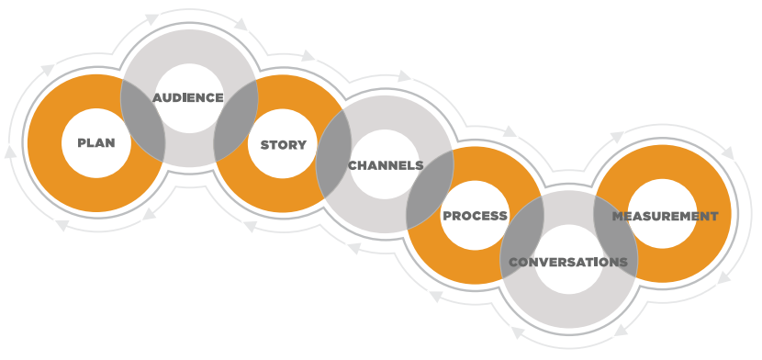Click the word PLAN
95,143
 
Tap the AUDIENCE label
187,97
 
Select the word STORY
283,145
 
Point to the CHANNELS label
385,166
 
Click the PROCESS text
475,216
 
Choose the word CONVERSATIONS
567,262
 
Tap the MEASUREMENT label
664,216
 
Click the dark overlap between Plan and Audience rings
144,120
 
